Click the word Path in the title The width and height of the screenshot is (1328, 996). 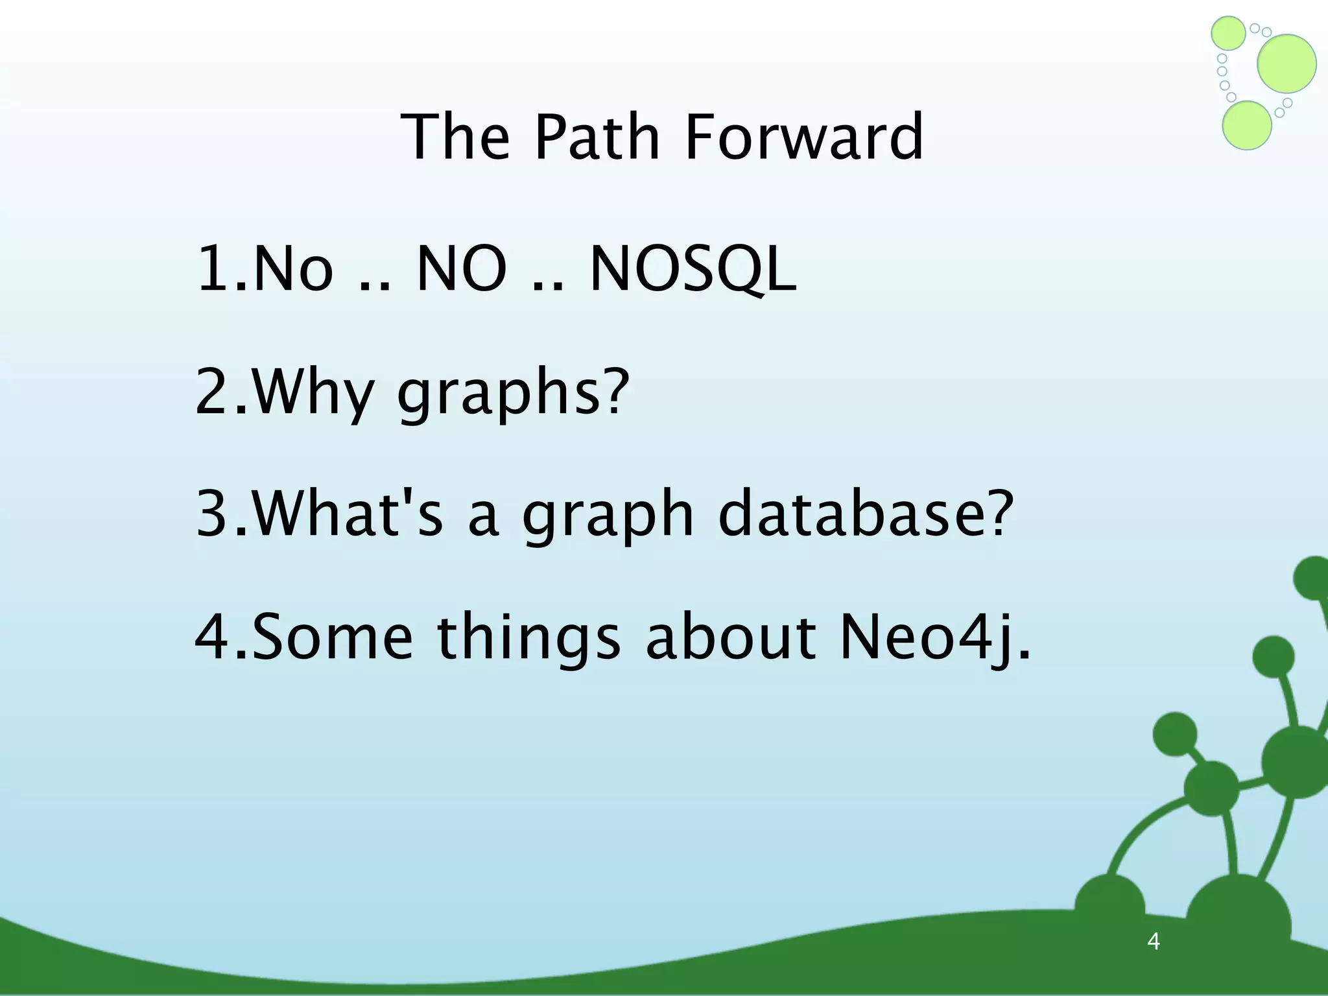coord(597,137)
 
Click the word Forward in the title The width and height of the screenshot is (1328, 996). coord(803,137)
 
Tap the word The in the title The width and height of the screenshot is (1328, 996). coord(455,137)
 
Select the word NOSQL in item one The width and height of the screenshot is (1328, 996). coord(693,269)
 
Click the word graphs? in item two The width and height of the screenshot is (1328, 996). coord(513,392)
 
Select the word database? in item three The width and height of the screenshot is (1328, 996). coord(866,514)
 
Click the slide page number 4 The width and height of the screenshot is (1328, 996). coord(1153,941)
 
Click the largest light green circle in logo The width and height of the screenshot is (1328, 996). coord(1286,64)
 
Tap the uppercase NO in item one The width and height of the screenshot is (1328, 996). coord(461,269)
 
